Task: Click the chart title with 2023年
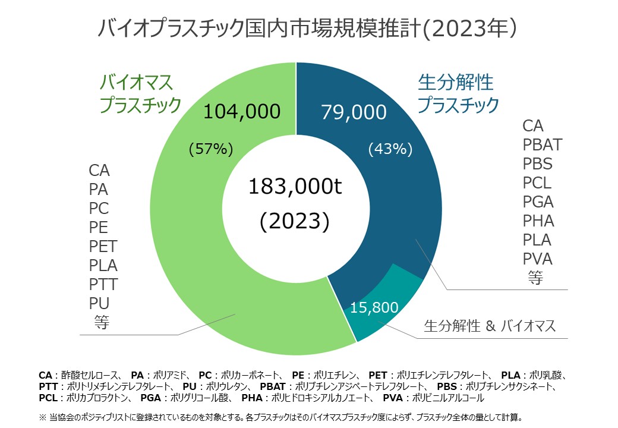click(x=310, y=28)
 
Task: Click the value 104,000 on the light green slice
click(x=241, y=111)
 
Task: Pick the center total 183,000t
click(x=295, y=187)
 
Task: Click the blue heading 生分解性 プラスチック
click(x=458, y=93)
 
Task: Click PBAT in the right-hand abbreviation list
click(x=542, y=144)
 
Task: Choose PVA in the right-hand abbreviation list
click(x=537, y=259)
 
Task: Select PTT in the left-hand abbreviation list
click(x=103, y=284)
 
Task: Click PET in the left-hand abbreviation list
click(x=103, y=246)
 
